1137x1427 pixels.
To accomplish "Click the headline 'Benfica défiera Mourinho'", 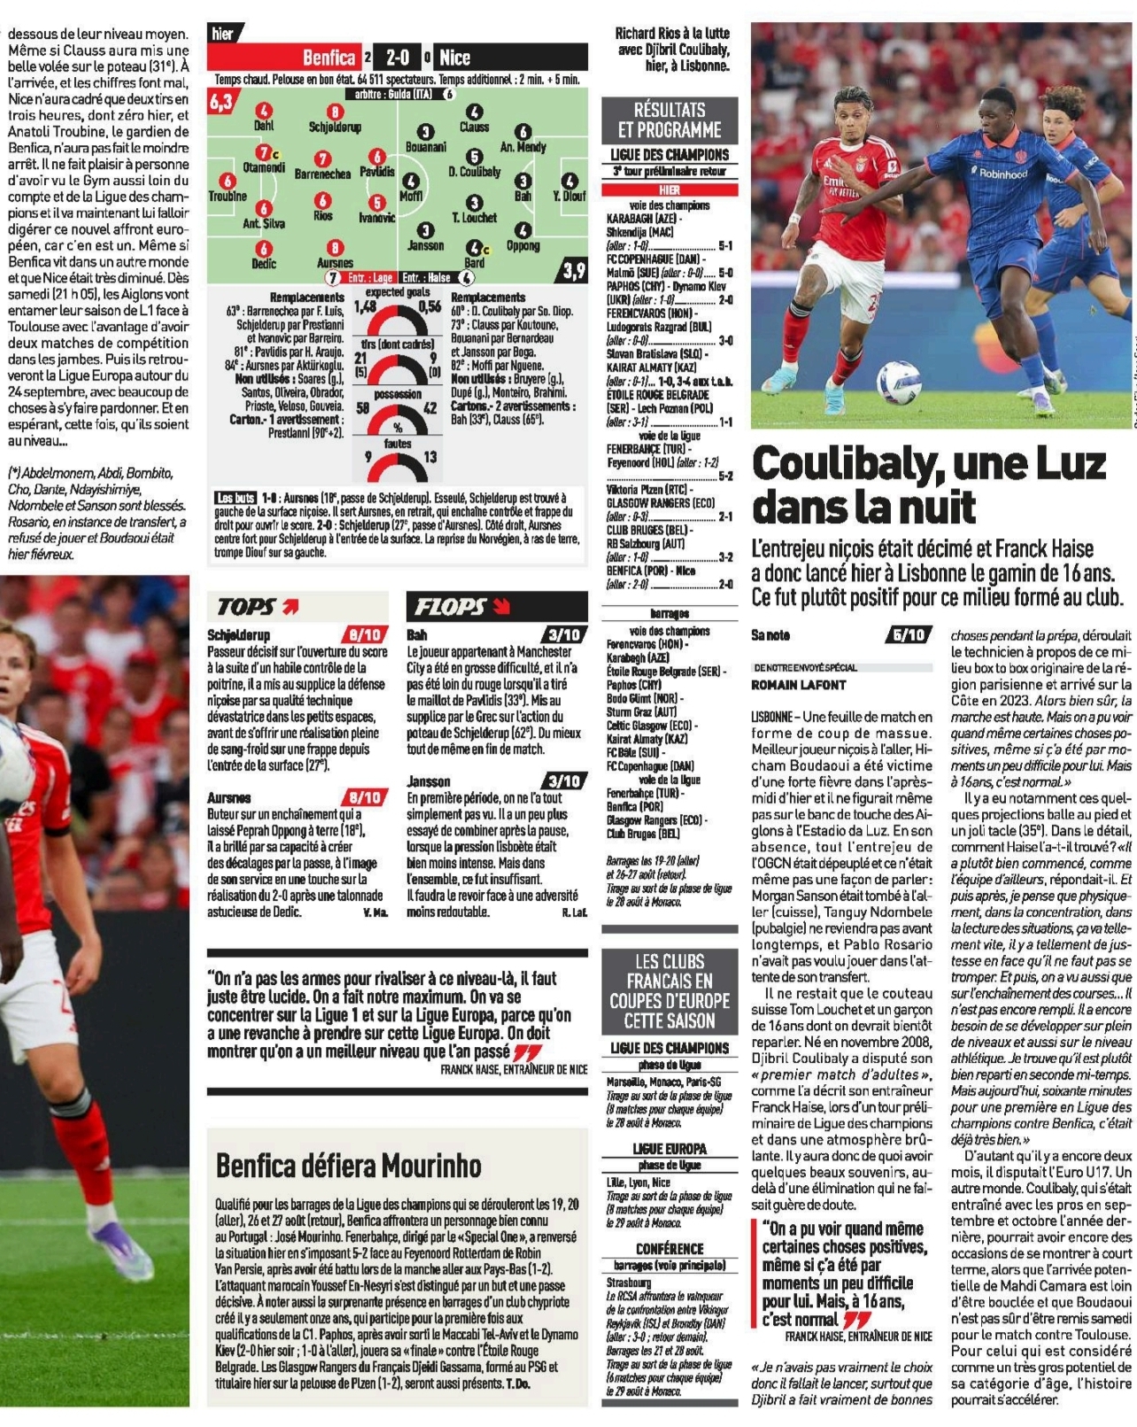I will pos(349,1165).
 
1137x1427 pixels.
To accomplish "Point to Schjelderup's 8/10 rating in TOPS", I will pos(365,635).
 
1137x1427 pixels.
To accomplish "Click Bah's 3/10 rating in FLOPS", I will pos(564,635).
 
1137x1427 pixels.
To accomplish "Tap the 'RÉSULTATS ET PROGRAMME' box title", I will pos(669,120).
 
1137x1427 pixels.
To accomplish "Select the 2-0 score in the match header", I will pos(398,58).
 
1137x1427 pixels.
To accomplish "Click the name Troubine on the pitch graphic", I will pos(228,196).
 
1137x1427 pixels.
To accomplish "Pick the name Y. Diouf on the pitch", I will pos(569,196).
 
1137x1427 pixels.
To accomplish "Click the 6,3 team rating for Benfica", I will pos(220,102).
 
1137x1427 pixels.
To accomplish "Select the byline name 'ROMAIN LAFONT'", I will pos(798,685).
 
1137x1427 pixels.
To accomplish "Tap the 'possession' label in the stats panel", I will pos(398,393).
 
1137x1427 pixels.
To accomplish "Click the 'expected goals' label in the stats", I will pos(398,292).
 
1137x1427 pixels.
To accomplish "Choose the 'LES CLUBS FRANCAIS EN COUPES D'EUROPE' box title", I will pos(669,990).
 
